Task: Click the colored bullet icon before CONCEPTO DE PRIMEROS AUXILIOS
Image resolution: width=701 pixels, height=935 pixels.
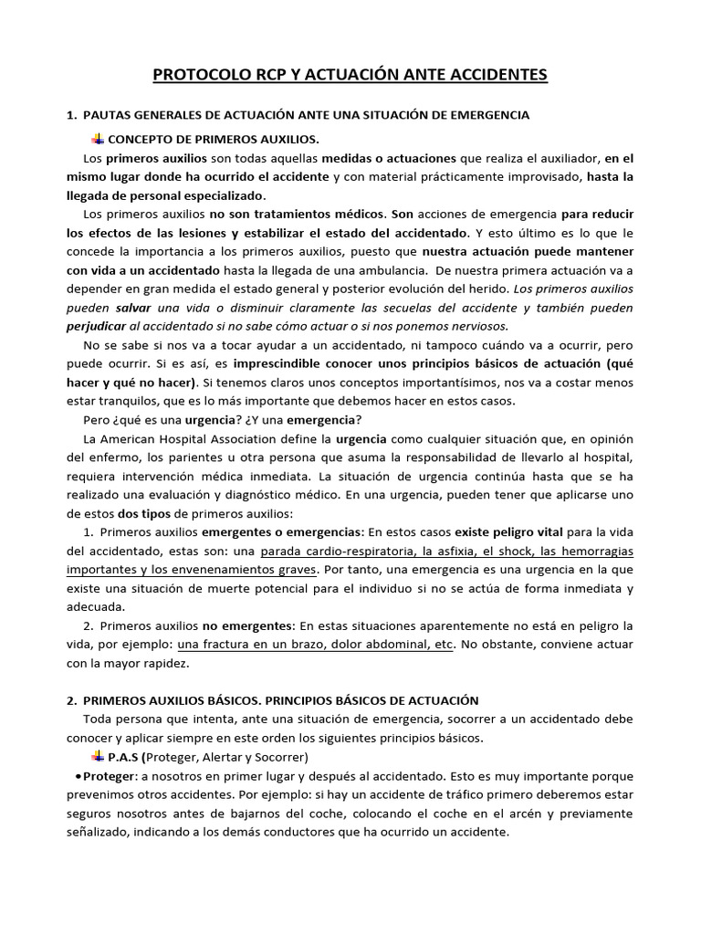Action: (x=99, y=139)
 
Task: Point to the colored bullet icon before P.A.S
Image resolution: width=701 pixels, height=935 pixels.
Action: (x=99, y=757)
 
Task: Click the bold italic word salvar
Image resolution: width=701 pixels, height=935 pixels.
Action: (x=135, y=308)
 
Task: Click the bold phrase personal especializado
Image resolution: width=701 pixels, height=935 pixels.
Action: (x=189, y=195)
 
